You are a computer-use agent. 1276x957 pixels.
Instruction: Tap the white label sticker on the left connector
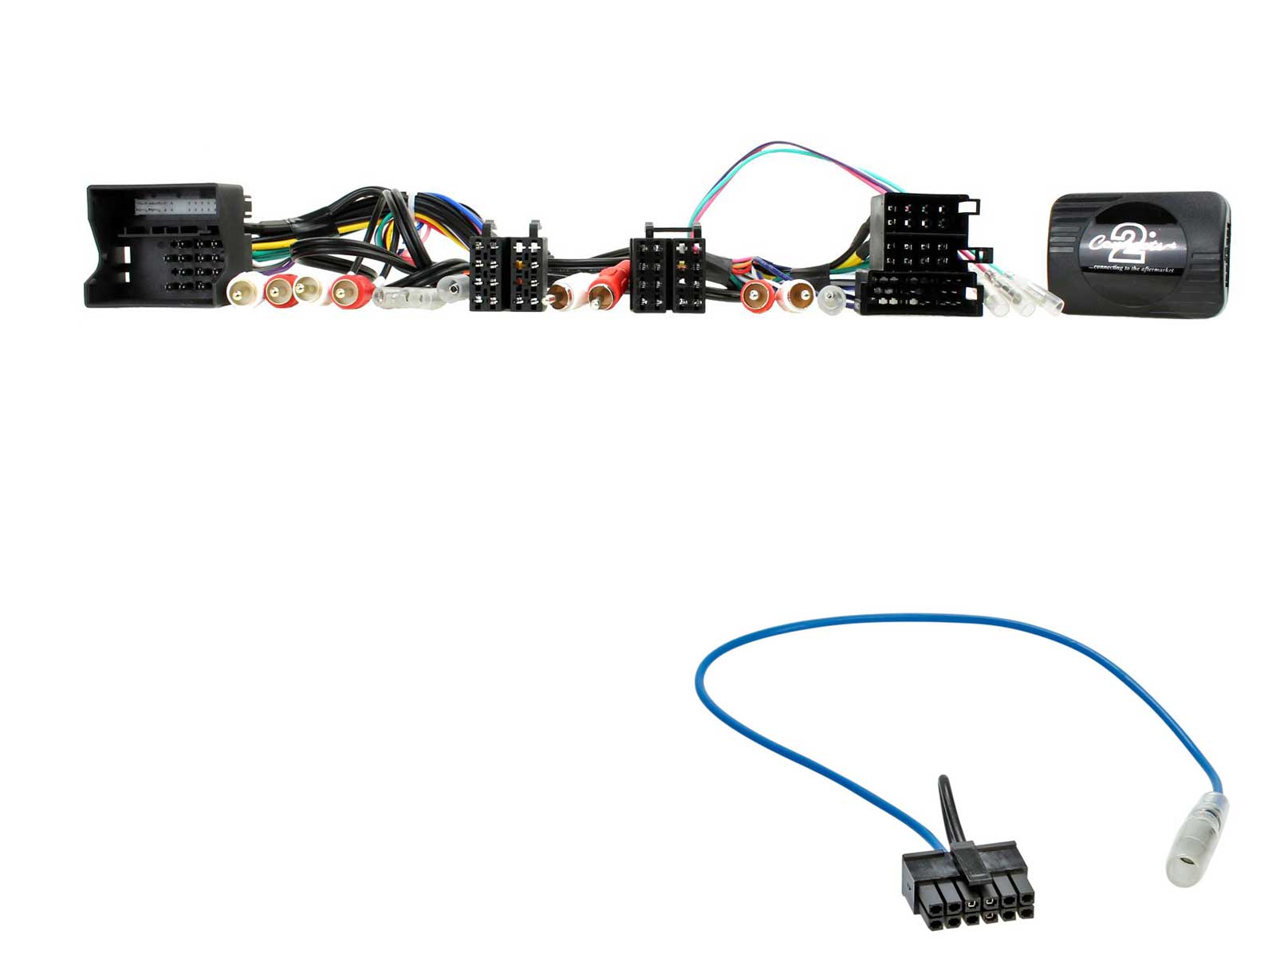point(175,207)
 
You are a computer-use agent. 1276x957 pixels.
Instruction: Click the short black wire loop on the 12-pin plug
point(947,805)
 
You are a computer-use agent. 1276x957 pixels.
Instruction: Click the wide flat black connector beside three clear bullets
point(919,294)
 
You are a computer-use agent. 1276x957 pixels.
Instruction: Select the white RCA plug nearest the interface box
point(797,295)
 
